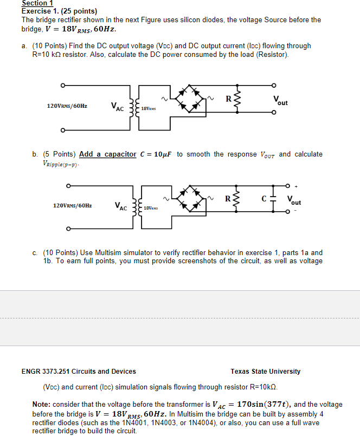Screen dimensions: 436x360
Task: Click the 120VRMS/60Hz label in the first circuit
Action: pos(67,106)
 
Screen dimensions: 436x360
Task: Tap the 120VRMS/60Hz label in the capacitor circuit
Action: pos(72,206)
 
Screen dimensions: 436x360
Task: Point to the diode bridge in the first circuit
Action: pos(190,98)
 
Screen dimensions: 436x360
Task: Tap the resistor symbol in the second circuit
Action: pos(236,199)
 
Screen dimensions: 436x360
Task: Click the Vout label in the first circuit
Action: pos(281,100)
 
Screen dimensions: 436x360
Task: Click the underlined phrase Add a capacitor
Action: pos(107,154)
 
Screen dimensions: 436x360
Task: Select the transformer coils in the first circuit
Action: pos(133,107)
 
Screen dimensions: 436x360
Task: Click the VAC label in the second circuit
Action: pos(120,206)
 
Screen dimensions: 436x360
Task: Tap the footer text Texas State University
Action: pos(265,372)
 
